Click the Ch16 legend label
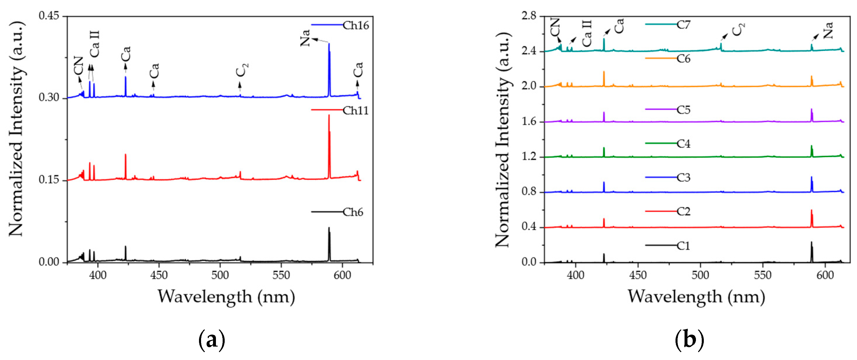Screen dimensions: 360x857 click(x=356, y=26)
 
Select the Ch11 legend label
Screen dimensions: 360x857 click(x=356, y=111)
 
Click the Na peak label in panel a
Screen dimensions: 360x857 click(x=305, y=38)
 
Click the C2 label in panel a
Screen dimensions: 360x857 click(x=242, y=70)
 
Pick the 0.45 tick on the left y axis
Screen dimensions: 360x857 click(x=48, y=16)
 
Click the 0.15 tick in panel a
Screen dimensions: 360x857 click(x=48, y=180)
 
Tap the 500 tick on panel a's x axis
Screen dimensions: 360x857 click(x=220, y=275)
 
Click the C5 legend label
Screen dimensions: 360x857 click(x=683, y=110)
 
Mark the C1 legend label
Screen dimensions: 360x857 click(x=683, y=246)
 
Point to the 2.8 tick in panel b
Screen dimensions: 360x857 click(x=529, y=16)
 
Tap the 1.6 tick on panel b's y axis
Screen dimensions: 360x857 click(x=529, y=121)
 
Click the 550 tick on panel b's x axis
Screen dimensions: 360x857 click(x=762, y=275)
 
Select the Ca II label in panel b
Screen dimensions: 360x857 click(x=587, y=33)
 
